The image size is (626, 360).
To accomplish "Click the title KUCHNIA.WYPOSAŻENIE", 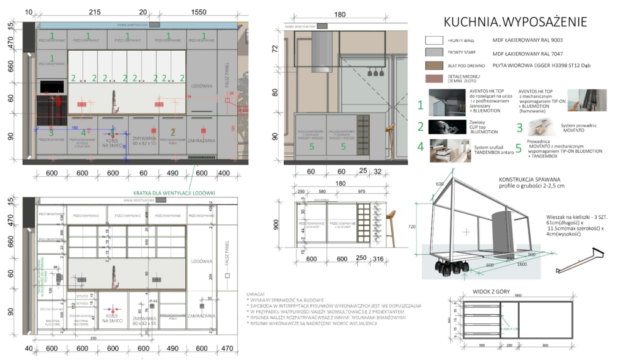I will [515, 23].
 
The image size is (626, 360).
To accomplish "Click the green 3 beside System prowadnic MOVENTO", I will [519, 128].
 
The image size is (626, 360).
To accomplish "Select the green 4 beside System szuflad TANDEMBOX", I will [419, 147].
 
